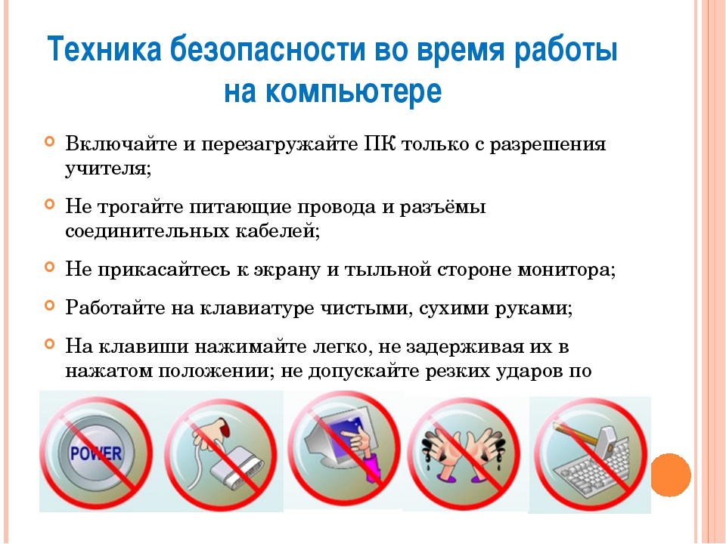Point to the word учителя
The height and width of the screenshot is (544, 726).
pos(108,168)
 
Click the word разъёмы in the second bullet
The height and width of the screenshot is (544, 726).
pos(442,206)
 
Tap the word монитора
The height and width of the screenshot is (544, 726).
pos(566,270)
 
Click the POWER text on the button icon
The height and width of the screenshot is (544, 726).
pos(96,453)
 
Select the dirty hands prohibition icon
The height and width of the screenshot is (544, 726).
pos(464,453)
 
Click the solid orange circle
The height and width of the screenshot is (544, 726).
pos(671,474)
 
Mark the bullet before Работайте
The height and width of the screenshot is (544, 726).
pos(50,305)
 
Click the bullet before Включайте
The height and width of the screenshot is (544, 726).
pos(50,141)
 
